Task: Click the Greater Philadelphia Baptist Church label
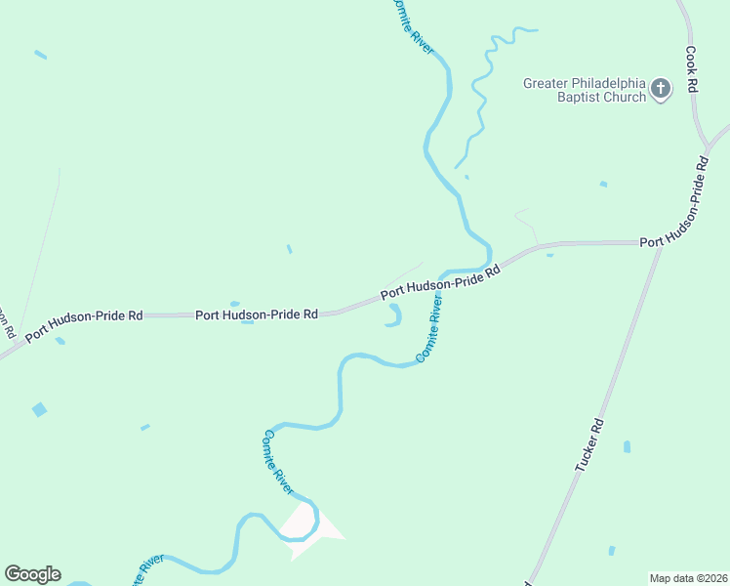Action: (x=586, y=90)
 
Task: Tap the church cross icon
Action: (x=661, y=90)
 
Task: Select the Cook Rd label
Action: (x=690, y=69)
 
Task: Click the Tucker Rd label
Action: (x=589, y=445)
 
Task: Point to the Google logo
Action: (x=32, y=574)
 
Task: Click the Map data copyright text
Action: (x=688, y=578)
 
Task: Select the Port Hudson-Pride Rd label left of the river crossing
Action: (x=257, y=314)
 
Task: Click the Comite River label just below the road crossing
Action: (x=429, y=331)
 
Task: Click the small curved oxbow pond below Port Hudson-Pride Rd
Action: (x=393, y=316)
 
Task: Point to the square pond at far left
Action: (x=39, y=409)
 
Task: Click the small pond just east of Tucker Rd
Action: (x=627, y=446)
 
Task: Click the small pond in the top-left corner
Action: (x=40, y=55)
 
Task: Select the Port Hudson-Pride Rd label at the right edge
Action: (x=683, y=240)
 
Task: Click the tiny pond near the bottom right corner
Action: (x=612, y=551)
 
